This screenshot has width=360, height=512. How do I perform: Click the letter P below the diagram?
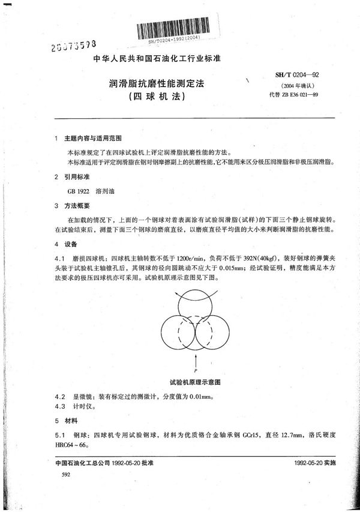tap(197, 370)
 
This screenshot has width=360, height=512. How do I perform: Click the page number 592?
tap(58, 474)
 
